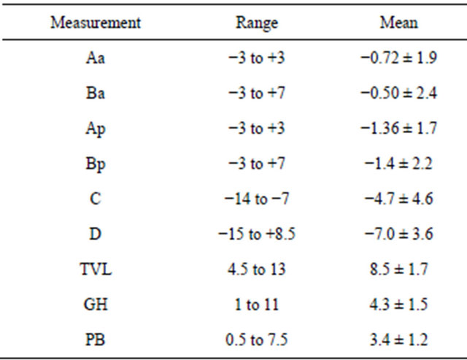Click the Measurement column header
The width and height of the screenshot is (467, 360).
[x=95, y=22]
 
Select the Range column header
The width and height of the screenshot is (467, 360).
[x=256, y=22]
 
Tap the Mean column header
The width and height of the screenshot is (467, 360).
[x=398, y=22]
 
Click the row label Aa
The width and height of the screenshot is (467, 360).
[x=95, y=58]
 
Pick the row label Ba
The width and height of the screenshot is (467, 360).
[x=95, y=93]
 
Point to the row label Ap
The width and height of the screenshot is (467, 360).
[x=95, y=129]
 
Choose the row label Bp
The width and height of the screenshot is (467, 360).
[x=95, y=164]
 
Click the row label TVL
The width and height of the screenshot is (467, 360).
[x=95, y=269]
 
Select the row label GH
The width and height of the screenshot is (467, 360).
[x=95, y=305]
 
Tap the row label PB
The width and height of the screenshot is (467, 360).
[x=95, y=340]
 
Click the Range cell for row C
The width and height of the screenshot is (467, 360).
[x=256, y=199]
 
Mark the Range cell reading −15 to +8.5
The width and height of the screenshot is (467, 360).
[x=256, y=234]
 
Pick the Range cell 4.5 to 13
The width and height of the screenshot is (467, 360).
[x=256, y=269]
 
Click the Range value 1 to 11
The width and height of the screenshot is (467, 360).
[x=256, y=305]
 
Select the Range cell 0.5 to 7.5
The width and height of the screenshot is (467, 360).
[x=256, y=340]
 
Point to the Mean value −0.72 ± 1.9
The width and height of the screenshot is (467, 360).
[x=398, y=58]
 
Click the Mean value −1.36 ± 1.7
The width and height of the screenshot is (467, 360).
[x=398, y=129]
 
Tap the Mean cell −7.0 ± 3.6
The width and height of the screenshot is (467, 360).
[x=398, y=234]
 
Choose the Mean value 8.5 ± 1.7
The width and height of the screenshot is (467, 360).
[x=398, y=269]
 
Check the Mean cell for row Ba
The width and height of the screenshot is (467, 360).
[x=398, y=93]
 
